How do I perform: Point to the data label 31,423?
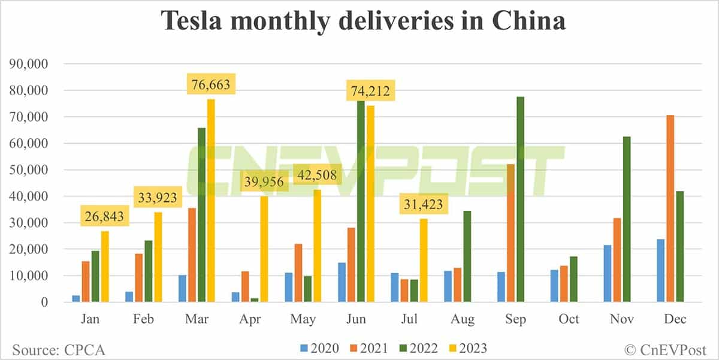(x=422, y=205)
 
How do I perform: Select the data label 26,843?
(x=104, y=217)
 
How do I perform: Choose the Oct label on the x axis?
(x=569, y=319)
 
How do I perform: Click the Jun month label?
(x=357, y=319)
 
